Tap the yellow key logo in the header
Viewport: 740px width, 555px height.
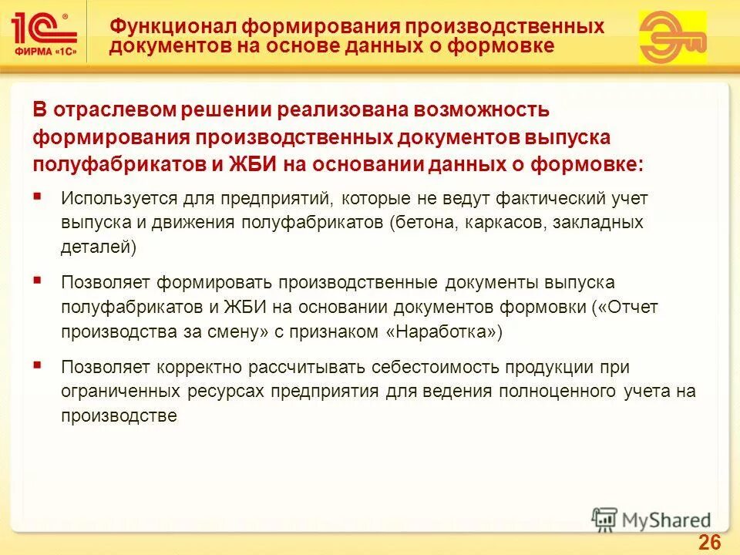tap(672, 37)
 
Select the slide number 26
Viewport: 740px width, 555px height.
tap(709, 542)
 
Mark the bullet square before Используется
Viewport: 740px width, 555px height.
tap(38, 197)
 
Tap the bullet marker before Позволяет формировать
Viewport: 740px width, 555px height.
tap(38, 281)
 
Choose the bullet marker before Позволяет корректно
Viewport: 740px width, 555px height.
tap(38, 365)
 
